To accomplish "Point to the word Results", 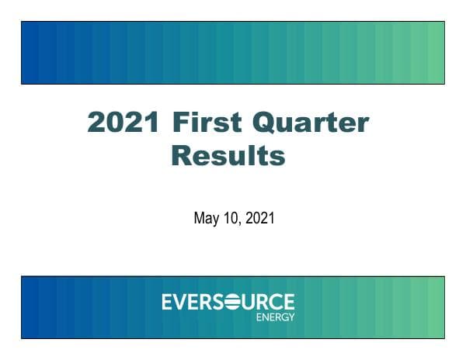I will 228,156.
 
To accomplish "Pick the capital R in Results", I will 181,156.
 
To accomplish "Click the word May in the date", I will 205,220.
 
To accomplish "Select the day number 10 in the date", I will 231,219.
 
